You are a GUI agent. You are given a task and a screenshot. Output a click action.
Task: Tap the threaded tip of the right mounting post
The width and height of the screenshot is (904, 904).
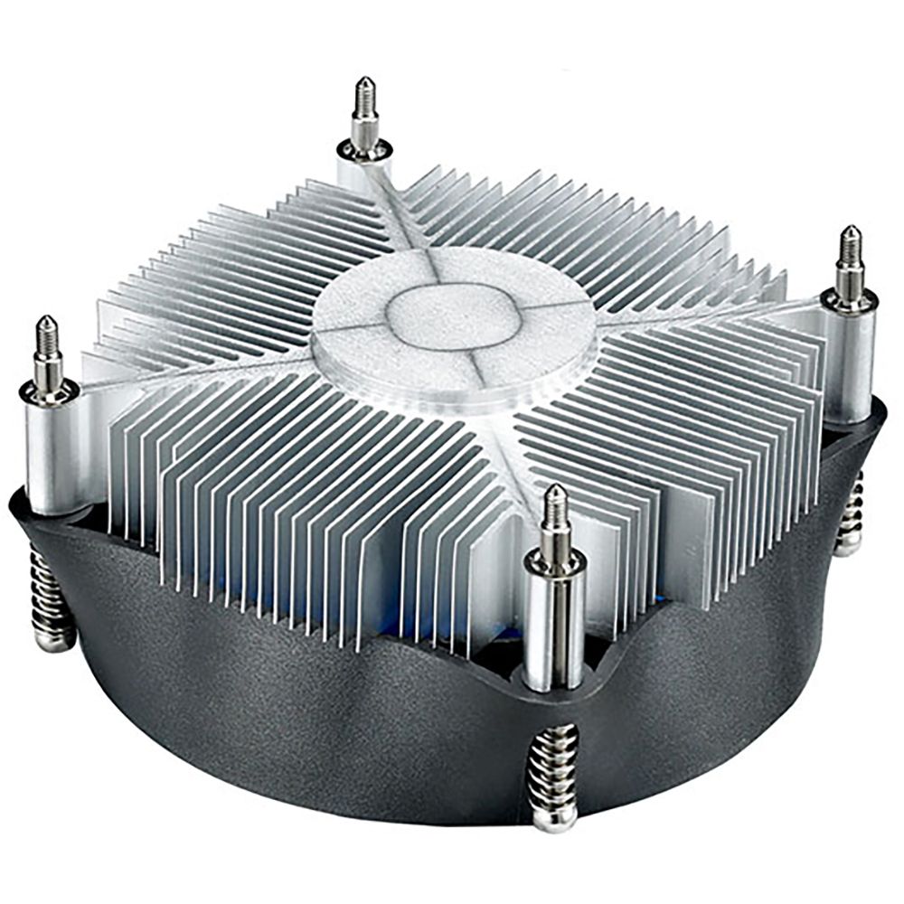pyautogui.click(x=849, y=253)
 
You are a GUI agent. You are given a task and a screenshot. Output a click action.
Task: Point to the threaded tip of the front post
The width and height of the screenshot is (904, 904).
pyautogui.click(x=556, y=515)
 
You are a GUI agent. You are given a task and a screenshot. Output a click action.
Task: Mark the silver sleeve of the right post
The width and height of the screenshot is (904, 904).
pyautogui.click(x=851, y=362)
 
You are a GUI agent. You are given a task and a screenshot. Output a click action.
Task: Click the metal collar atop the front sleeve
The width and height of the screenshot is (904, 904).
pyautogui.click(x=554, y=565)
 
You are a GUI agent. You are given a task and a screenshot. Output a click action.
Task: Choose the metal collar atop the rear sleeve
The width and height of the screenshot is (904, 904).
pyautogui.click(x=364, y=147)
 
